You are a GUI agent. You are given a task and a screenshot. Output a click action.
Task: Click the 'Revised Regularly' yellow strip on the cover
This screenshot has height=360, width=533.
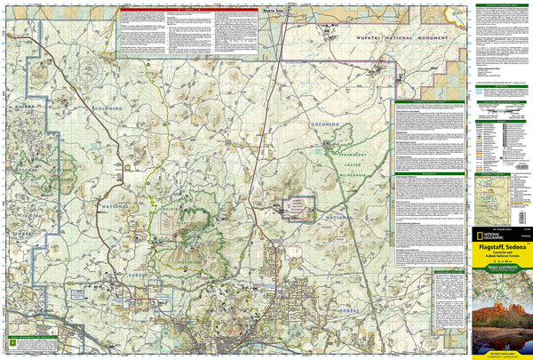pyautogui.click(x=499, y=352)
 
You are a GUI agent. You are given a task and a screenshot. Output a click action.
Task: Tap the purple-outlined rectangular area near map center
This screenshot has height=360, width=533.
pyautogui.click(x=297, y=208)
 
